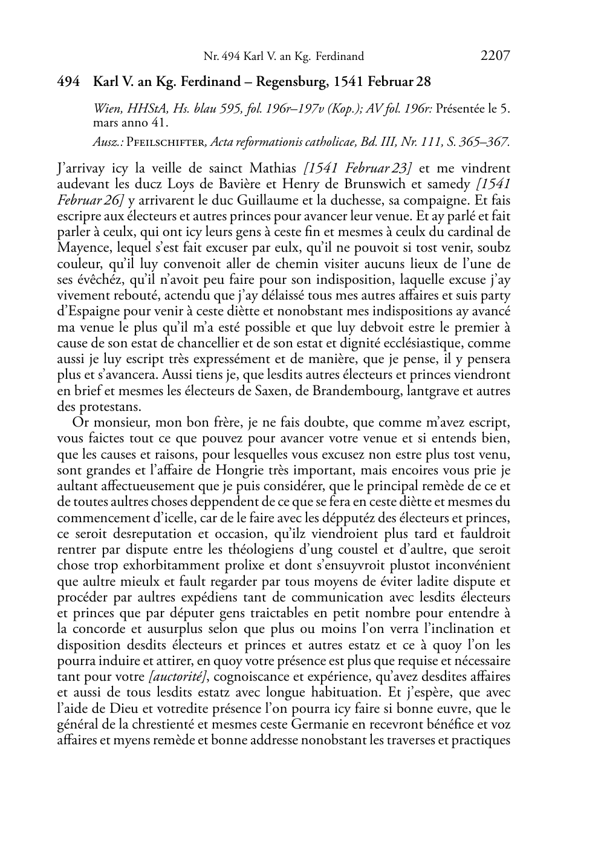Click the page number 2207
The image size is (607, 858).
[495, 56]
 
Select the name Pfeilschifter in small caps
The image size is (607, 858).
[166, 142]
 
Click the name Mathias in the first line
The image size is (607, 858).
[273, 168]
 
